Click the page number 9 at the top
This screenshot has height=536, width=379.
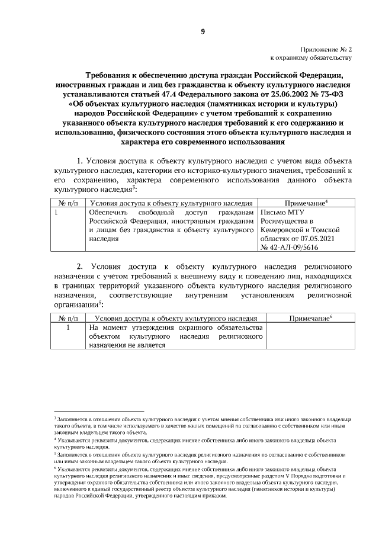pos(202,31)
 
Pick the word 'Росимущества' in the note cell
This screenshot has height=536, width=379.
pos(286,220)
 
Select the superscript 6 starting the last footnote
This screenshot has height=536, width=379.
pos(54,466)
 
